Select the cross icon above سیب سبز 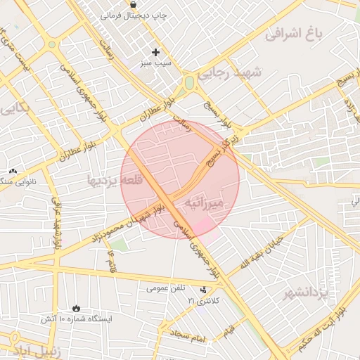156,52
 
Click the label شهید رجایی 229,72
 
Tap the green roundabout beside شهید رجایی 189,83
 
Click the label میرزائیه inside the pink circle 203,202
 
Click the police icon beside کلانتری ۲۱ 204,290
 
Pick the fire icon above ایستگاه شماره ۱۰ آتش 76,308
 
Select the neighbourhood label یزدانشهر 309,292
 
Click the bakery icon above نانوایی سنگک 12,171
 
